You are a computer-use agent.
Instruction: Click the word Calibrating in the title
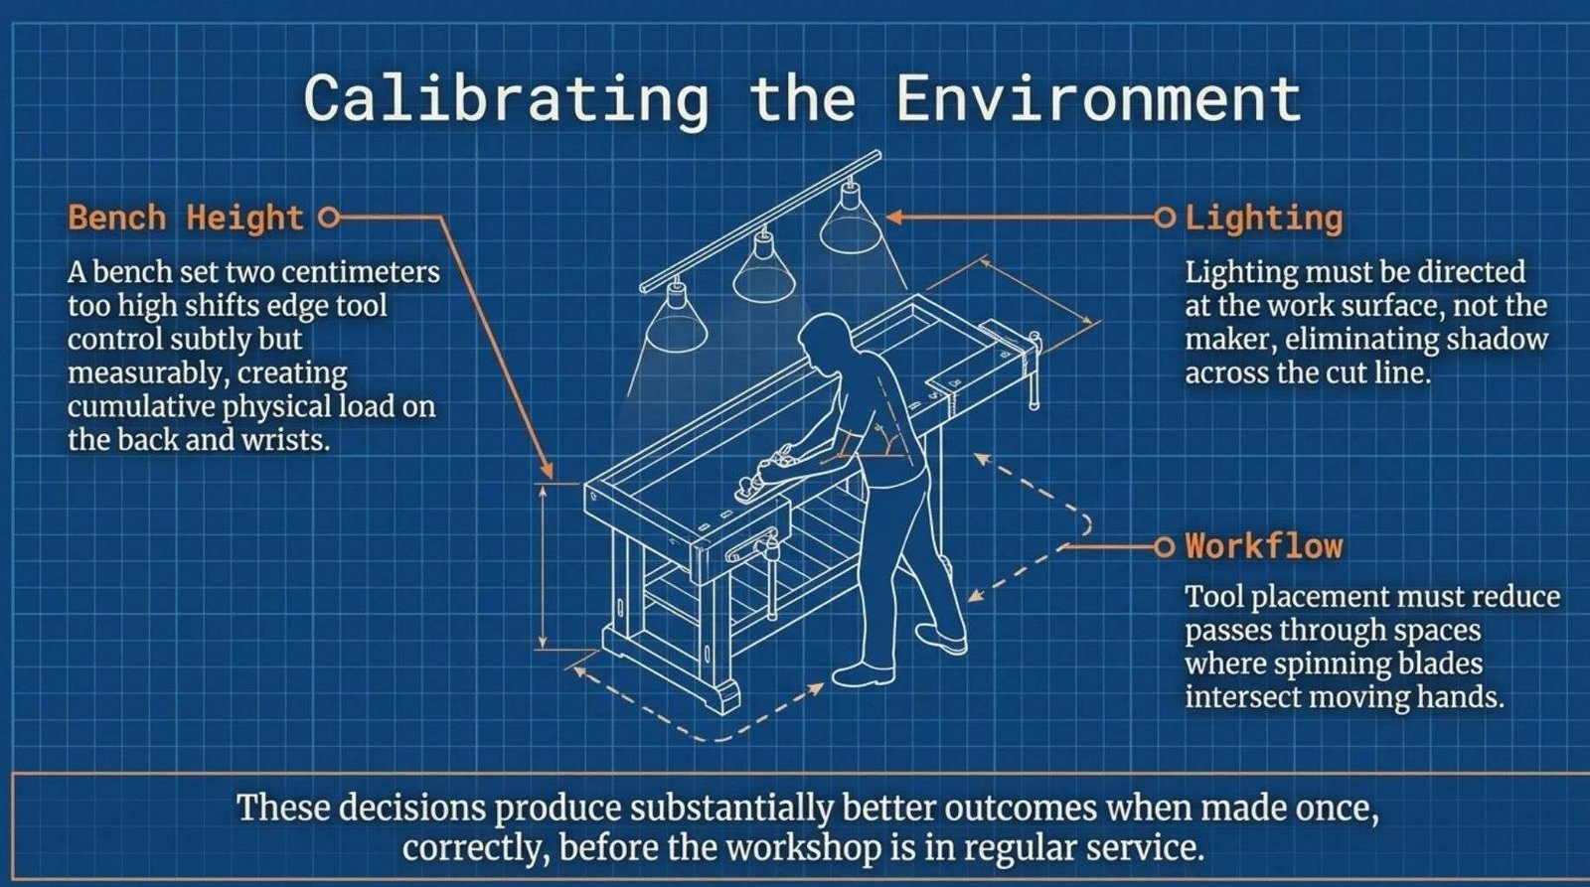tap(506, 99)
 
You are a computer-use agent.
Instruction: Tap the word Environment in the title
tap(1098, 98)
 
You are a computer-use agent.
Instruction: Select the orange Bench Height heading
tap(186, 218)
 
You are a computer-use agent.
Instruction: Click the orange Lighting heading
tap(1263, 218)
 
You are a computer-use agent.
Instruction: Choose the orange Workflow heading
tap(1264, 546)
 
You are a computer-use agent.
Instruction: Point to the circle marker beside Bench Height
tap(328, 218)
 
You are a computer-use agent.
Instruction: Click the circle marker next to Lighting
tap(1164, 218)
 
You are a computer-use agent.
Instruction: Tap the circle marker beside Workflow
tap(1164, 547)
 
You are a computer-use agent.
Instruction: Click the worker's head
tap(824, 336)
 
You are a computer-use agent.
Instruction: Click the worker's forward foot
tap(863, 674)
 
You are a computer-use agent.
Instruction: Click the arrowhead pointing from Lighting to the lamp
tap(895, 218)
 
